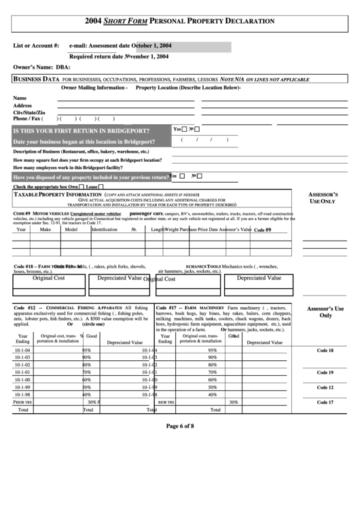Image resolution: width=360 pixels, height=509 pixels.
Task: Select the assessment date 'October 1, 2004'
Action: coord(154,46)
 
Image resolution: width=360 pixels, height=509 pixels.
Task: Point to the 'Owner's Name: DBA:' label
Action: coord(41,67)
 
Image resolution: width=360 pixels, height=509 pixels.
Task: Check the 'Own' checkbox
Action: coord(82,187)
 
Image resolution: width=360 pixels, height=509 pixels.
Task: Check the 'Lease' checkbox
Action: coord(101,187)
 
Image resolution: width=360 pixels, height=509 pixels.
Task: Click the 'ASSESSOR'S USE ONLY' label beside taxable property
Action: coord(323,198)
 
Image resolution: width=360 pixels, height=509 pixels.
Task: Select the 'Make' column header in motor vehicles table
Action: coord(45,230)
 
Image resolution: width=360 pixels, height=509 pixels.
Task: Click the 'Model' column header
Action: coord(70,230)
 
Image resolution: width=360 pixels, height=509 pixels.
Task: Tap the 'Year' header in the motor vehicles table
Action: coord(21,230)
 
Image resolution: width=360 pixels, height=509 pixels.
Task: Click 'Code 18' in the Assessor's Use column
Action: coord(325,350)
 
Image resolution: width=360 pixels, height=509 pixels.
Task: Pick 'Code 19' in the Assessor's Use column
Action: coord(325,372)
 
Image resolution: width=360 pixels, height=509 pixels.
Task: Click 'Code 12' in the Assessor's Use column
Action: coord(325,387)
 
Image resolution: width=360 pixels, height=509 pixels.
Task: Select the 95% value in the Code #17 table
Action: coord(213,350)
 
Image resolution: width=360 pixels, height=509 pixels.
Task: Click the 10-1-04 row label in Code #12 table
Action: coord(22,350)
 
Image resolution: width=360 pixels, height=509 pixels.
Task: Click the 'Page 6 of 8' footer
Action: coord(180,426)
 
